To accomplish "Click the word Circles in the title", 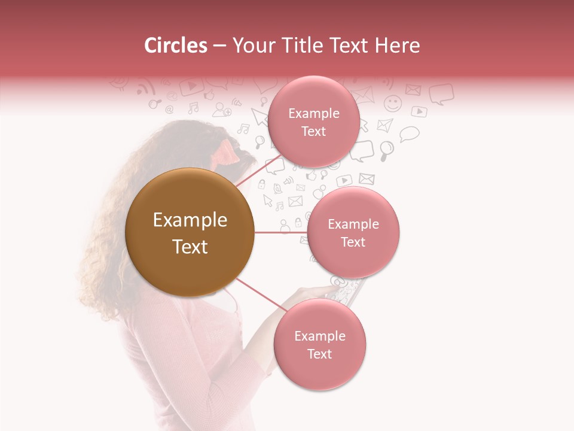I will pos(176,45).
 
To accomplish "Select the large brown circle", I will pos(190,232).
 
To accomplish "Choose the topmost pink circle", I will pos(313,122).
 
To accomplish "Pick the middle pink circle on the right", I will pos(353,232).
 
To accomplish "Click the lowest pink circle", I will pos(319,345).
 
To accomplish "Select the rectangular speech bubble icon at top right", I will pos(441,93).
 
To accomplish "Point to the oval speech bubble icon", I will pos(410,133).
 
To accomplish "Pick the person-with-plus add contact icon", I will pos(222,109).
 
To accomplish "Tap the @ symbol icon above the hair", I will pos(169,110).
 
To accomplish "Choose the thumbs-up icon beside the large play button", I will pos(209,95).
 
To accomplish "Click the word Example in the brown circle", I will pos(190,220).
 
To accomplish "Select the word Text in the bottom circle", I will pos(319,354).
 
